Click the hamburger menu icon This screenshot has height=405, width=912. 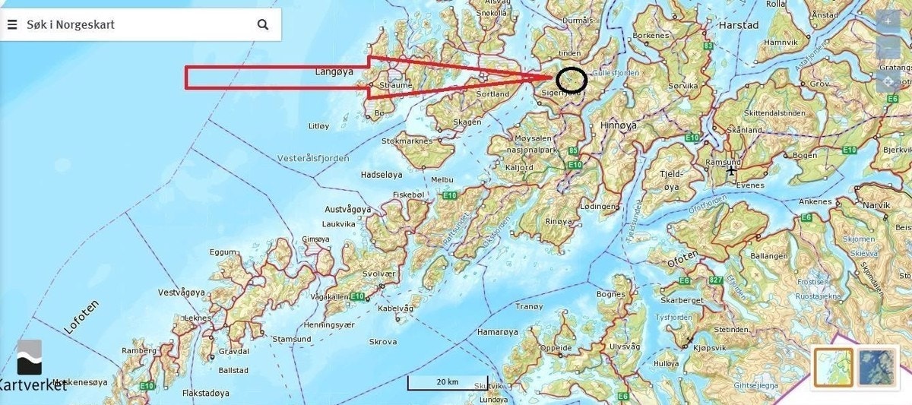pyautogui.click(x=12, y=24)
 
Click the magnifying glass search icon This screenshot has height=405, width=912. pyautogui.click(x=263, y=24)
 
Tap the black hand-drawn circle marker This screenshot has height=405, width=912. pyautogui.click(x=572, y=80)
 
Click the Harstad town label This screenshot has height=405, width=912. pyautogui.click(x=739, y=25)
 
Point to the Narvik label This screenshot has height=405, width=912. pyautogui.click(x=876, y=205)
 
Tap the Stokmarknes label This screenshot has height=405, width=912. pyautogui.click(x=407, y=141)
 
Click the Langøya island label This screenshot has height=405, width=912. pyautogui.click(x=333, y=71)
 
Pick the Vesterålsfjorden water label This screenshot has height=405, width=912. pyautogui.click(x=313, y=158)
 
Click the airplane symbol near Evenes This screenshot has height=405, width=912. pyautogui.click(x=731, y=170)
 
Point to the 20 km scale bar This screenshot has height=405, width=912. pyautogui.click(x=447, y=382)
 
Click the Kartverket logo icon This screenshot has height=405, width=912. pyautogui.click(x=30, y=357)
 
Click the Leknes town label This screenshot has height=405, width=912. pyautogui.click(x=198, y=318)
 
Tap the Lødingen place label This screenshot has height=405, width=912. pyautogui.click(x=599, y=206)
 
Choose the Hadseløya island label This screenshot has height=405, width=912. pyautogui.click(x=382, y=174)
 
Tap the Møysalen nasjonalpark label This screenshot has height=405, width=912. pyautogui.click(x=532, y=144)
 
